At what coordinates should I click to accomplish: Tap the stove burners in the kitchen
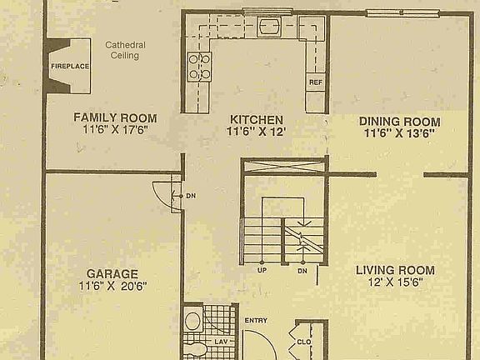click(200, 66)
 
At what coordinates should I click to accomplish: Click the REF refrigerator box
click(316, 82)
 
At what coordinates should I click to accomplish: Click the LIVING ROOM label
click(395, 270)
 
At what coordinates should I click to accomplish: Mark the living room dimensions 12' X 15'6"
click(395, 282)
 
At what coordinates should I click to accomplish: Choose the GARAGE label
click(112, 273)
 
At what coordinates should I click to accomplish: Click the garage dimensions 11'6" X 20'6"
click(112, 286)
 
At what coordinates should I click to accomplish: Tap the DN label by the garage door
click(191, 196)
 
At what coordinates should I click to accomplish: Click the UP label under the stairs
click(262, 271)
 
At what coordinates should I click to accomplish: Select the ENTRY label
click(255, 321)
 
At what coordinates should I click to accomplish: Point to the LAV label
click(222, 341)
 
